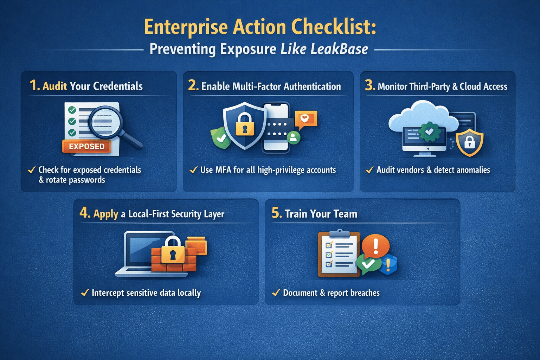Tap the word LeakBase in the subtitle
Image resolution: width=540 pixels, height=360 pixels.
339,49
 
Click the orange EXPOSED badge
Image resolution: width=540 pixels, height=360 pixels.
86,146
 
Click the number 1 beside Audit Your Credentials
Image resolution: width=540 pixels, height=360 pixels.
34,85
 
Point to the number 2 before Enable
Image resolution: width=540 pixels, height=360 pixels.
193,85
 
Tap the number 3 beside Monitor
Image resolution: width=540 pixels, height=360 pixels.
369,85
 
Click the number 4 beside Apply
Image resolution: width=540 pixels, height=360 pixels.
84,213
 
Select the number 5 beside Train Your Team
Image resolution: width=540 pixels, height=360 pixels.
276,213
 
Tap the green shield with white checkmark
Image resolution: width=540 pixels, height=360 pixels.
221,138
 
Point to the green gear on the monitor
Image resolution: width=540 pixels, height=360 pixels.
429,132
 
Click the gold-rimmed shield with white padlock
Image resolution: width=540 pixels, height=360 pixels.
469,142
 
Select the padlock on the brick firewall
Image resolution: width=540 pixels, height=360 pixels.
173,250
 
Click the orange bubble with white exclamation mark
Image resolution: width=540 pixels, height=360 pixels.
375,245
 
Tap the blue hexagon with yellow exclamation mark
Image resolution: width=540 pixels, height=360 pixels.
388,264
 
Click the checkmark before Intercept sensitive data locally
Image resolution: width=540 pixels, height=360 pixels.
85,292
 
